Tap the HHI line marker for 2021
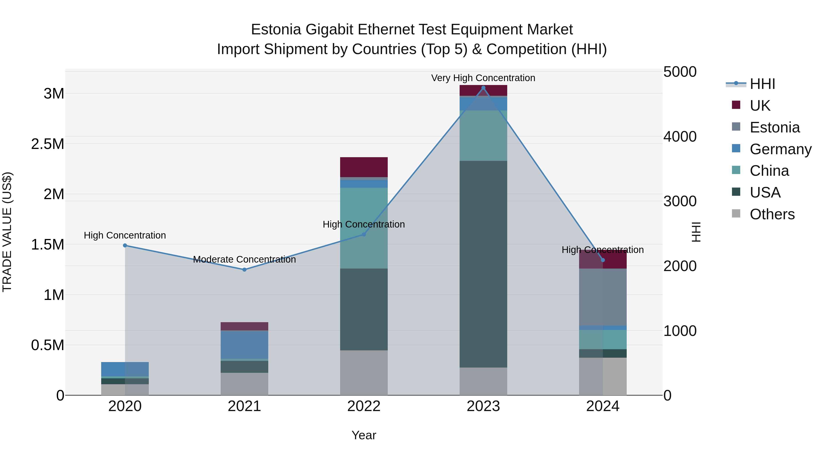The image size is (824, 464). [x=244, y=270]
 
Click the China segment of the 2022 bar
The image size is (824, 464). [x=364, y=228]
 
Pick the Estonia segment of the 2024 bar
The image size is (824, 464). [x=603, y=297]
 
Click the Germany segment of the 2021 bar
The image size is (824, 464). [x=244, y=345]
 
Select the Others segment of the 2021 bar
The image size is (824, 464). [x=244, y=384]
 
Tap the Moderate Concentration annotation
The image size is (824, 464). [x=244, y=259]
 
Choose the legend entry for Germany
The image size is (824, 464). [x=781, y=149]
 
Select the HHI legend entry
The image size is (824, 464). [x=762, y=84]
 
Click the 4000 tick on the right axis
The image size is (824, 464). [x=680, y=136]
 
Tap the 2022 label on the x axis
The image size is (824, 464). [x=364, y=406]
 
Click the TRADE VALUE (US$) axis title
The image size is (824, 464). [x=7, y=232]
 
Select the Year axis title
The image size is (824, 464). [x=364, y=435]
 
